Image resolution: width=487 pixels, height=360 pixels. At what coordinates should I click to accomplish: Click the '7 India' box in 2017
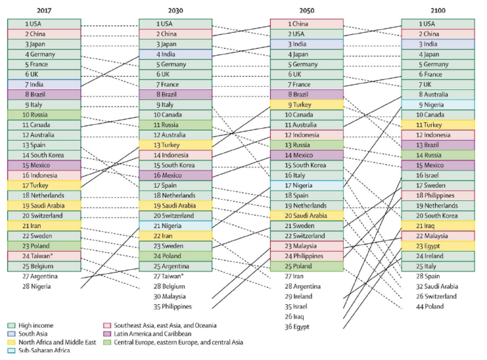44,84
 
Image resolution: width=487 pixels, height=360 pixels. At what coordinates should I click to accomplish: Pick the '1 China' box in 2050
306,24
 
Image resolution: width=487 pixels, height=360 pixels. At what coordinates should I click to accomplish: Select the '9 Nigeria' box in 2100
438,105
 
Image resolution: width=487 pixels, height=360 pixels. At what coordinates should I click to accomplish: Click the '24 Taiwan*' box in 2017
44,256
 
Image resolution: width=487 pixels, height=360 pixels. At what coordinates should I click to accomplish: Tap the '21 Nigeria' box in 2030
175,226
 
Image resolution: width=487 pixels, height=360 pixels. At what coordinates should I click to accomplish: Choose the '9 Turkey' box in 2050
306,105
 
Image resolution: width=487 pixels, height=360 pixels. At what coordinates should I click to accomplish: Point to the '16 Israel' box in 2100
438,175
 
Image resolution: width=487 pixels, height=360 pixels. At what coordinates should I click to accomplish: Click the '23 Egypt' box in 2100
438,246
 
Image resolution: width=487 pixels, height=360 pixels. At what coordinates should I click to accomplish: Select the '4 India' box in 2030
175,55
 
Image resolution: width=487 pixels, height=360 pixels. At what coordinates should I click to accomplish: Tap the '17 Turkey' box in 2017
44,185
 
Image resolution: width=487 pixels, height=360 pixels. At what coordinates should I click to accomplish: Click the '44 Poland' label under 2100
429,306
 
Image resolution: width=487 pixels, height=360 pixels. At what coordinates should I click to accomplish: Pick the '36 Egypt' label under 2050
298,326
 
